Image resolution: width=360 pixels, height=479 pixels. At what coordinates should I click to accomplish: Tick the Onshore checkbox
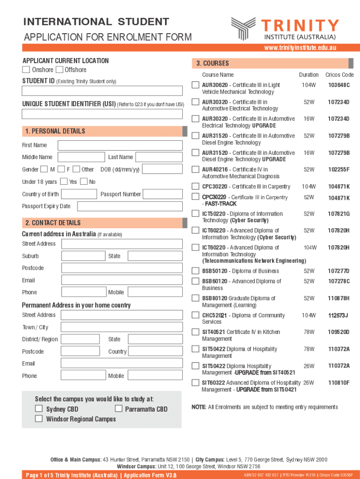[26, 70]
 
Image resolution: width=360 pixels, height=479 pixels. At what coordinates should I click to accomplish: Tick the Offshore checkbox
[59, 70]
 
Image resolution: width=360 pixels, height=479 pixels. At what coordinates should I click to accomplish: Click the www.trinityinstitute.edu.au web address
[300, 48]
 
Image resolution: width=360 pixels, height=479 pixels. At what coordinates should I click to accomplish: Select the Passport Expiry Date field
[130, 206]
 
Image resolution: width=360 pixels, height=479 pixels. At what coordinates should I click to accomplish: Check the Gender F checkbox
[61, 169]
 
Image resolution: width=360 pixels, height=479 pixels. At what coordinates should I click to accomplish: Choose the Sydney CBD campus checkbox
[39, 409]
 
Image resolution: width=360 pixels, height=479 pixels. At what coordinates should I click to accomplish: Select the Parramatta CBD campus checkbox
[118, 409]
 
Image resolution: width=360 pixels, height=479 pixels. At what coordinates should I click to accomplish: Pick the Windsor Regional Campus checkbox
[39, 419]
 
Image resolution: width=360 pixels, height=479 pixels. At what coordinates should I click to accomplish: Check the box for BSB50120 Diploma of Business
[195, 271]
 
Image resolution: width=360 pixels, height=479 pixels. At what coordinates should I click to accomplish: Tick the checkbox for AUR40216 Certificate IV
[195, 169]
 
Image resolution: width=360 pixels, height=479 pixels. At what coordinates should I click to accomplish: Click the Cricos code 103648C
[338, 85]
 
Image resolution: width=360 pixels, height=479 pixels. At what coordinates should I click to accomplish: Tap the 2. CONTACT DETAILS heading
[53, 223]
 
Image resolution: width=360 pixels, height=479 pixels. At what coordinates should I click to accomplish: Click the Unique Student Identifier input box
[103, 114]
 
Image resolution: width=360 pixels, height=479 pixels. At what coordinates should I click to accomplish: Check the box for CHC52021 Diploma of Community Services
[195, 315]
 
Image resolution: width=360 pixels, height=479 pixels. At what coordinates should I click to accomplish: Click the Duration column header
[309, 75]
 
